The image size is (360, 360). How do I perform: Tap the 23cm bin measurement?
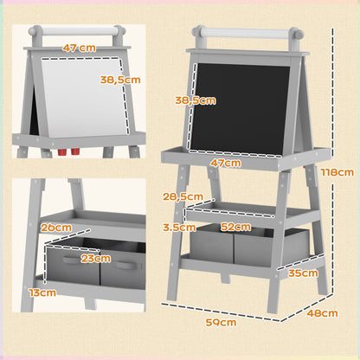click(x=97, y=257)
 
